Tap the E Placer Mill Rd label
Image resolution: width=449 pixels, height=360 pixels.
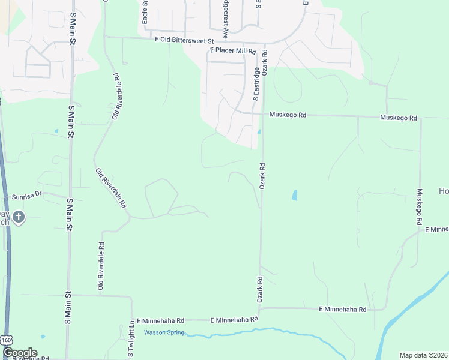[233, 52]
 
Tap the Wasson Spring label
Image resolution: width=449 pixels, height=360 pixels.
[163, 332]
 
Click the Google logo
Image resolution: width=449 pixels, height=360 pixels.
[19, 353]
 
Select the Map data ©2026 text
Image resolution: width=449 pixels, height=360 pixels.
[423, 355]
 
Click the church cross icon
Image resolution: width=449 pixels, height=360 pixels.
[19, 217]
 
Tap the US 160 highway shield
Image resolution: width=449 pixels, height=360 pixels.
[7, 340]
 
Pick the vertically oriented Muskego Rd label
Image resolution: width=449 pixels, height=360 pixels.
[420, 208]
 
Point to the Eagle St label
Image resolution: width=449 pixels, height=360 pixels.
[145, 12]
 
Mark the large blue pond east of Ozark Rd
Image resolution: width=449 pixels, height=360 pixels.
[294, 195]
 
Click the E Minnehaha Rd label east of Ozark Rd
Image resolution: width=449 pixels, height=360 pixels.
[342, 309]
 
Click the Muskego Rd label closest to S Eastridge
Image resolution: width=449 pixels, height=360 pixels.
[288, 115]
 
